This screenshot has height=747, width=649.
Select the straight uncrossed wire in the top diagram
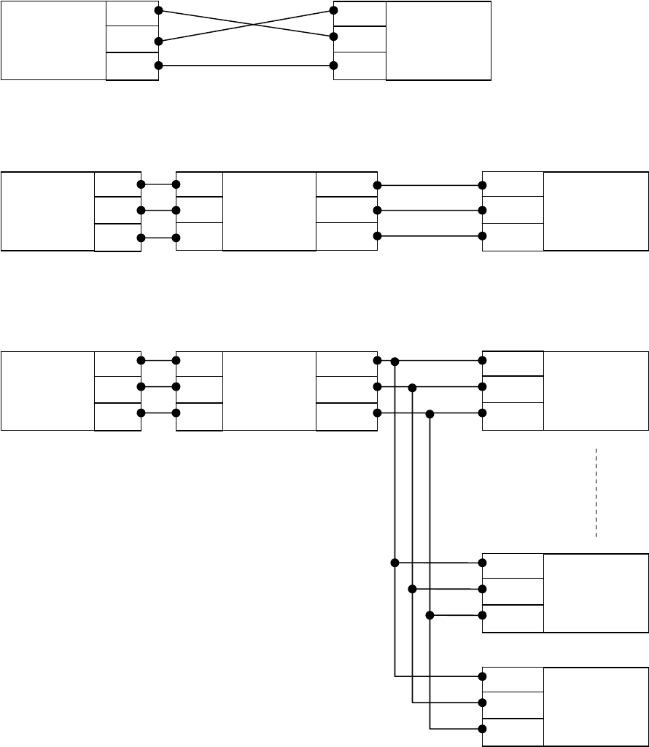pyautogui.click(x=246, y=66)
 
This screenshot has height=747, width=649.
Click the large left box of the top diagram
pyautogui.click(x=53, y=40)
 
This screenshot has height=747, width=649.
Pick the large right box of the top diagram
pyautogui.click(x=438, y=40)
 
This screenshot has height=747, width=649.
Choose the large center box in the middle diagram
pyautogui.click(x=269, y=211)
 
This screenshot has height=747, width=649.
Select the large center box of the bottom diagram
pyautogui.click(x=269, y=391)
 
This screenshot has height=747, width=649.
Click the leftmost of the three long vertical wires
pyautogui.click(x=395, y=510)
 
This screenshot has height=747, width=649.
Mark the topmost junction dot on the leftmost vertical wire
pyautogui.click(x=395, y=361)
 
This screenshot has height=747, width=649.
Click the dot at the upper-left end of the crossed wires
pyautogui.click(x=158, y=11)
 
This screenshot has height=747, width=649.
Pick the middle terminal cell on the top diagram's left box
pyautogui.click(x=132, y=39)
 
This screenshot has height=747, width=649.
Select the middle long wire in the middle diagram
pyautogui.click(x=430, y=211)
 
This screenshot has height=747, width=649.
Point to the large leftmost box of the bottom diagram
pyautogui.click(x=47, y=391)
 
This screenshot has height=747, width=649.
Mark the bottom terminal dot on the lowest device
pyautogui.click(x=482, y=729)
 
